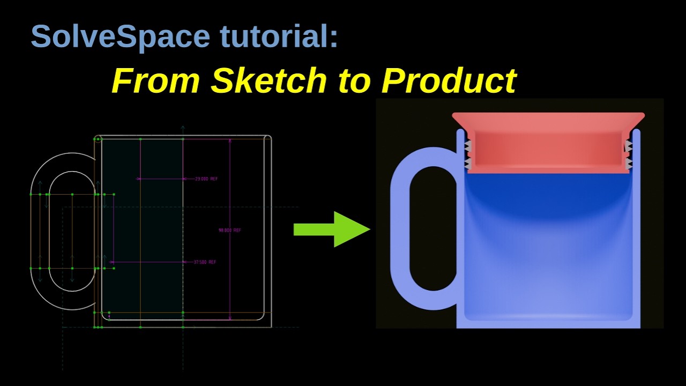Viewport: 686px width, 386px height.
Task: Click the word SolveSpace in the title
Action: (x=120, y=36)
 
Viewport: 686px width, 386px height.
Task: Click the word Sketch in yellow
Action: (x=268, y=80)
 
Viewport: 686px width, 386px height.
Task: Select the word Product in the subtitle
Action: (x=449, y=80)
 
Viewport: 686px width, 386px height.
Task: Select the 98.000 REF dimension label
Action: (x=230, y=231)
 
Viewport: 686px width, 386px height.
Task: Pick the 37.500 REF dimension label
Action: (x=205, y=262)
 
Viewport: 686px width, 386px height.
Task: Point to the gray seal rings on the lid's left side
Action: (x=467, y=154)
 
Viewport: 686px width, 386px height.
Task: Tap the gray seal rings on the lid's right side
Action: (x=628, y=154)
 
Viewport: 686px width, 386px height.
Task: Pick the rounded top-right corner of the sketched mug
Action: (x=269, y=138)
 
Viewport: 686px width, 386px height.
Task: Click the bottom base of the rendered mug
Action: (x=548, y=324)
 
